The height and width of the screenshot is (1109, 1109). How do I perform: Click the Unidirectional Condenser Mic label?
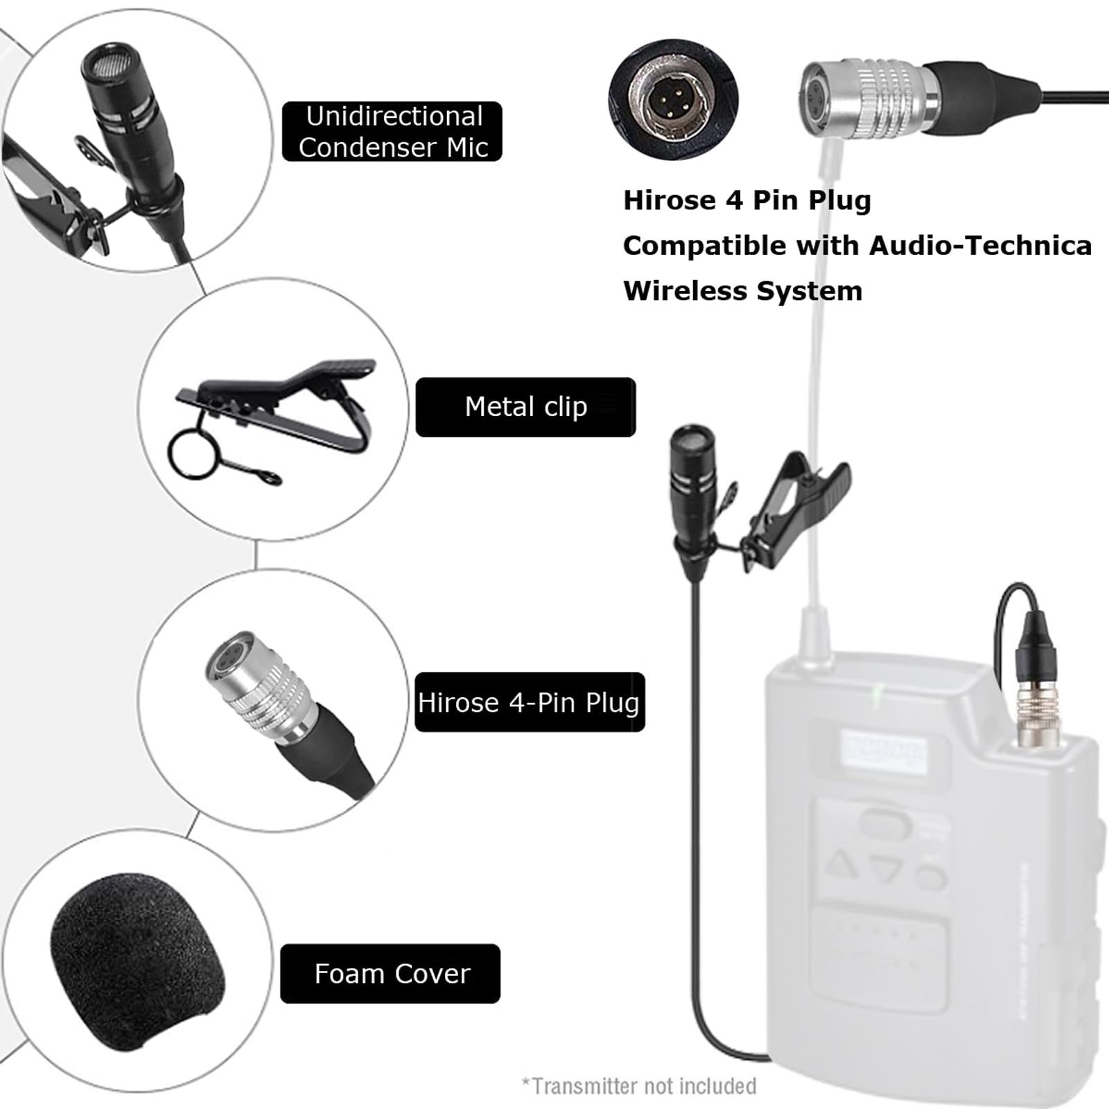click(x=392, y=132)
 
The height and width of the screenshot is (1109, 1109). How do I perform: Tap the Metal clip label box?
click(x=525, y=407)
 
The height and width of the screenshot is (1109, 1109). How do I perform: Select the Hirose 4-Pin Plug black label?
click(x=530, y=702)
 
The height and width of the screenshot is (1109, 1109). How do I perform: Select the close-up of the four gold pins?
click(x=673, y=98)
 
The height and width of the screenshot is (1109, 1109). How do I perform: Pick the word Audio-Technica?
click(x=980, y=245)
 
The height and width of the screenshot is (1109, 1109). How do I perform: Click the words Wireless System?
click(x=742, y=290)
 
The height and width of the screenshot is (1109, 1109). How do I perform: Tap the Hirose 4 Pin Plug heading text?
click(x=746, y=200)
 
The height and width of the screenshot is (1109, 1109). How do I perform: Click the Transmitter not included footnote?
click(x=638, y=1085)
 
